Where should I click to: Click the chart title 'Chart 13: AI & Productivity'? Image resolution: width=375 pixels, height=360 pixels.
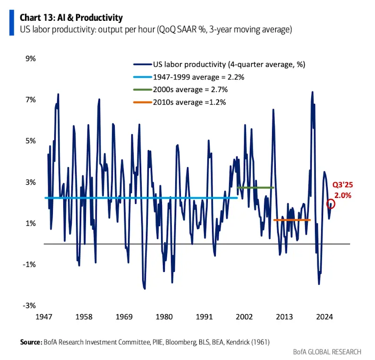(71, 18)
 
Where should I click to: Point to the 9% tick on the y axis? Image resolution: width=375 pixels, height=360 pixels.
(31, 59)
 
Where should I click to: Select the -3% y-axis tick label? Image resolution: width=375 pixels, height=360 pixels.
(30, 305)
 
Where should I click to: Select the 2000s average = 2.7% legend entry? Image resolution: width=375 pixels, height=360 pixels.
(190, 89)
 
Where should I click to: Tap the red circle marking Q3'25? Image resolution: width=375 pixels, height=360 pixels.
(331, 204)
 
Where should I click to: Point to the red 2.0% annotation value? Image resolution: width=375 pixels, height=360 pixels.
(343, 195)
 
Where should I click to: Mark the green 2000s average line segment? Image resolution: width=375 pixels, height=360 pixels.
(255, 188)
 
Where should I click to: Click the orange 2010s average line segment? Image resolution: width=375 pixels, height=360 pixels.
(292, 220)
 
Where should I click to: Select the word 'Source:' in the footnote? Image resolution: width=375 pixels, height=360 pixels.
(31, 341)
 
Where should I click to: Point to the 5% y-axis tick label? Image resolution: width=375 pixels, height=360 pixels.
(31, 141)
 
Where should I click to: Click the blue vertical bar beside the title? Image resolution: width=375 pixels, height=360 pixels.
(11, 23)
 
